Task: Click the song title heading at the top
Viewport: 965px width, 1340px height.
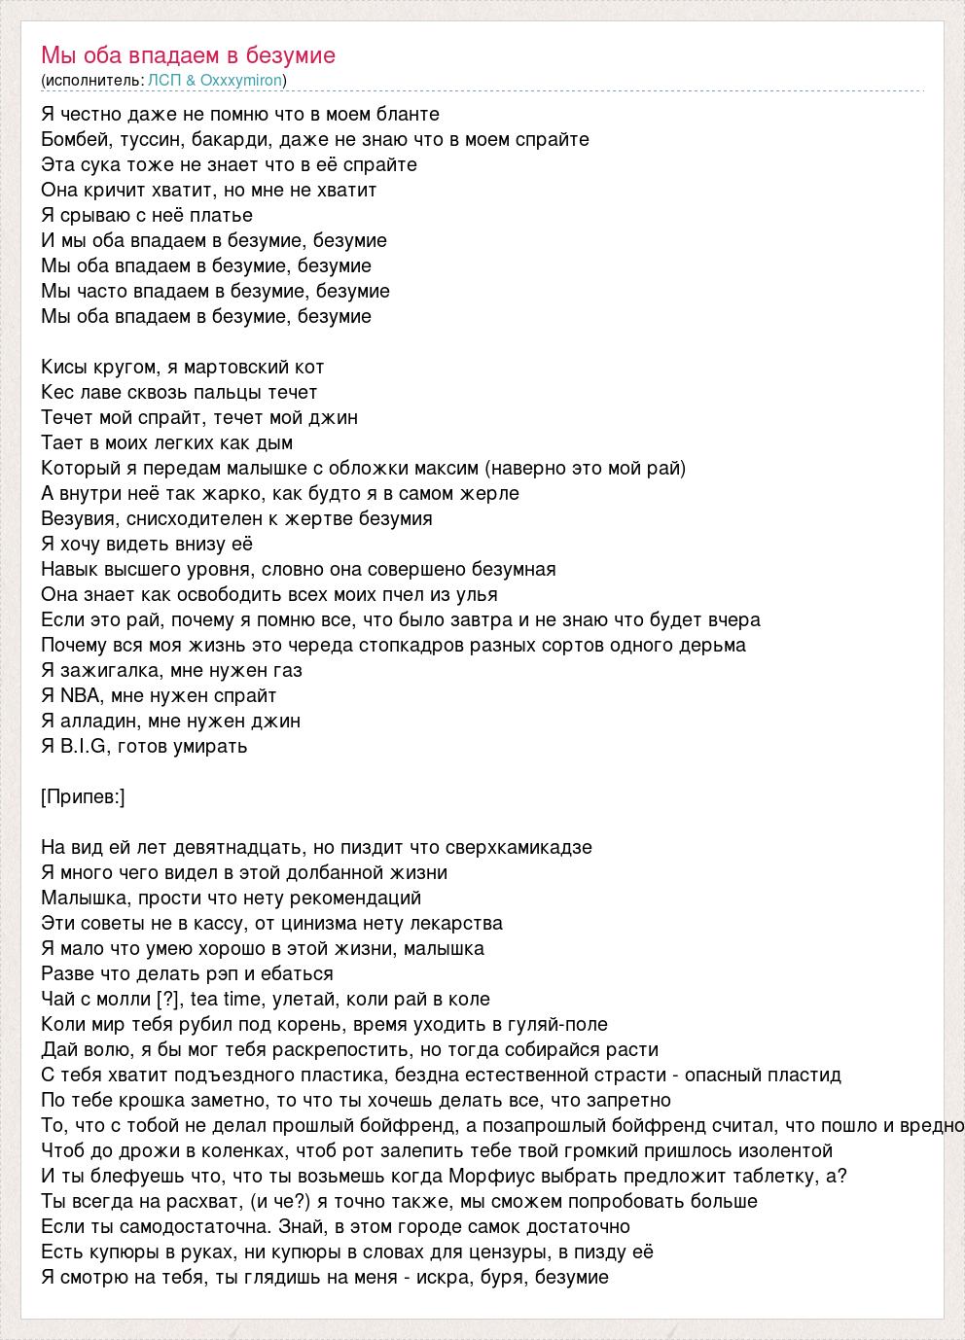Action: coord(188,55)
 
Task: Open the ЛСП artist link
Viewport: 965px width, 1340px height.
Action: coord(162,81)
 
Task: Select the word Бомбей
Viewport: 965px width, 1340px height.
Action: coord(70,140)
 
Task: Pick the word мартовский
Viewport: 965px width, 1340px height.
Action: coord(234,368)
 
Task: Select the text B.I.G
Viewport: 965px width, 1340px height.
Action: coord(83,747)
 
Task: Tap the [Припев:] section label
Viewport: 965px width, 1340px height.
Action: coord(84,797)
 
